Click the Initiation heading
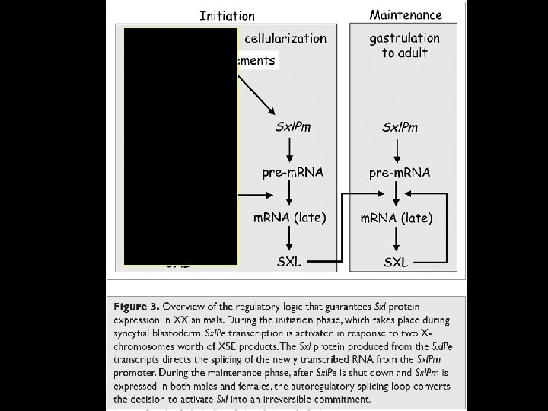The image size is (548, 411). point(228,15)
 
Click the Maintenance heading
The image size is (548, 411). point(406,14)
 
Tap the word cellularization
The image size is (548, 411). point(285,38)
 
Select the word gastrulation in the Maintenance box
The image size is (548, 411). point(404,37)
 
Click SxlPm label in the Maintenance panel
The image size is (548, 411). point(400,127)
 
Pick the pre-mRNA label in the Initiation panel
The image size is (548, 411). point(293,172)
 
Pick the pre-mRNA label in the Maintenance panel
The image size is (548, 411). point(400,173)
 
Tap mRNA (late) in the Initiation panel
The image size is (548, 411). point(289,218)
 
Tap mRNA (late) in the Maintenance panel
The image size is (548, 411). point(396,218)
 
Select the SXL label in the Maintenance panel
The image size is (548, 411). point(396,263)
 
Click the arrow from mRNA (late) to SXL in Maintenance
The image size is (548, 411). point(396,241)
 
